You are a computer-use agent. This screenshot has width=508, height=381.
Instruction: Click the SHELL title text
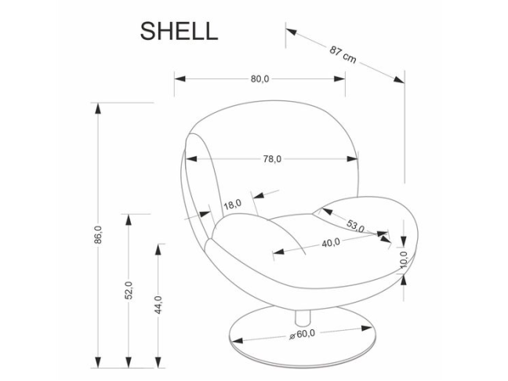[x=179, y=31]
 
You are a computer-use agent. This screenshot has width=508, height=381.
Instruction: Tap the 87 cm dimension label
[x=343, y=55]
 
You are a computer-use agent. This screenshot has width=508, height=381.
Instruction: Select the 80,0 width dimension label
[x=260, y=79]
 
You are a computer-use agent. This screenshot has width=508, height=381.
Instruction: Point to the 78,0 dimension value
[x=271, y=159]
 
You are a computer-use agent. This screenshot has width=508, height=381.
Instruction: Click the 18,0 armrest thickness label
[x=232, y=205]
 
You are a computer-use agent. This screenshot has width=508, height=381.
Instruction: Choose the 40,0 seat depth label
[x=331, y=243]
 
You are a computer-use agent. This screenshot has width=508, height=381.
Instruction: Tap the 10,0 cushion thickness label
[x=403, y=258]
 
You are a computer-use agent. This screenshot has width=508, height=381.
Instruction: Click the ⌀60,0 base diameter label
[x=301, y=335]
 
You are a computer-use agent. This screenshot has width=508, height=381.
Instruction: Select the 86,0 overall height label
[x=98, y=235]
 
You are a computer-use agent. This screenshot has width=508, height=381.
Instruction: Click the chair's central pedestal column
[x=302, y=314]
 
